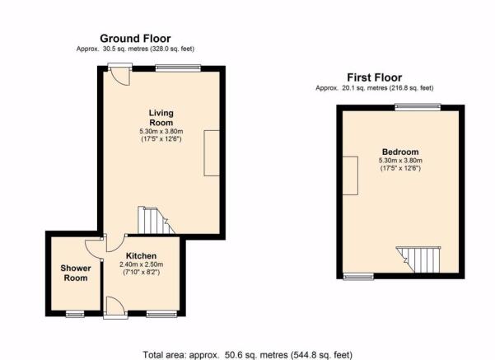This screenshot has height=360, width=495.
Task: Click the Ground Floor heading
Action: pyautogui.click(x=135, y=39)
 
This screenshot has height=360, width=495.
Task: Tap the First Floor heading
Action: pyautogui.click(x=375, y=77)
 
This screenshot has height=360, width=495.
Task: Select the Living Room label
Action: pyautogui.click(x=161, y=118)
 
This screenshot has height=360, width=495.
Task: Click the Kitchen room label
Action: pyautogui.click(x=141, y=255)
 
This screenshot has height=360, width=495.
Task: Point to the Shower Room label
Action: pyautogui.click(x=76, y=274)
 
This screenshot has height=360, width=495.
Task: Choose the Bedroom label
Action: pyautogui.click(x=400, y=152)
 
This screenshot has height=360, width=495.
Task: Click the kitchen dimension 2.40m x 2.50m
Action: pyautogui.click(x=141, y=264)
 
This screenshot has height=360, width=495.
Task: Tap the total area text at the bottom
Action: pyautogui.click(x=247, y=355)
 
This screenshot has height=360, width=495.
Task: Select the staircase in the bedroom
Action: pyautogui.click(x=418, y=259)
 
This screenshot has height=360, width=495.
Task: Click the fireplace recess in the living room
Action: pyautogui.click(x=212, y=153)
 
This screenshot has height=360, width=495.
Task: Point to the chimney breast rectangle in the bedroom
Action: pyautogui.click(x=350, y=175)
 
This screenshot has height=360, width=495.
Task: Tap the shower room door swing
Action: pyautogui.click(x=93, y=248)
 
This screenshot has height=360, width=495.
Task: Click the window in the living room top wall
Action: pyautogui.click(x=178, y=68)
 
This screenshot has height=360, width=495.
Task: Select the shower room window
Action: pyautogui.click(x=75, y=314)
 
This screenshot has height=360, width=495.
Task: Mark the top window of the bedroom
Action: pyautogui.click(x=418, y=107)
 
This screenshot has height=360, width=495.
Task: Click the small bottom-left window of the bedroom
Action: pyautogui.click(x=358, y=277)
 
